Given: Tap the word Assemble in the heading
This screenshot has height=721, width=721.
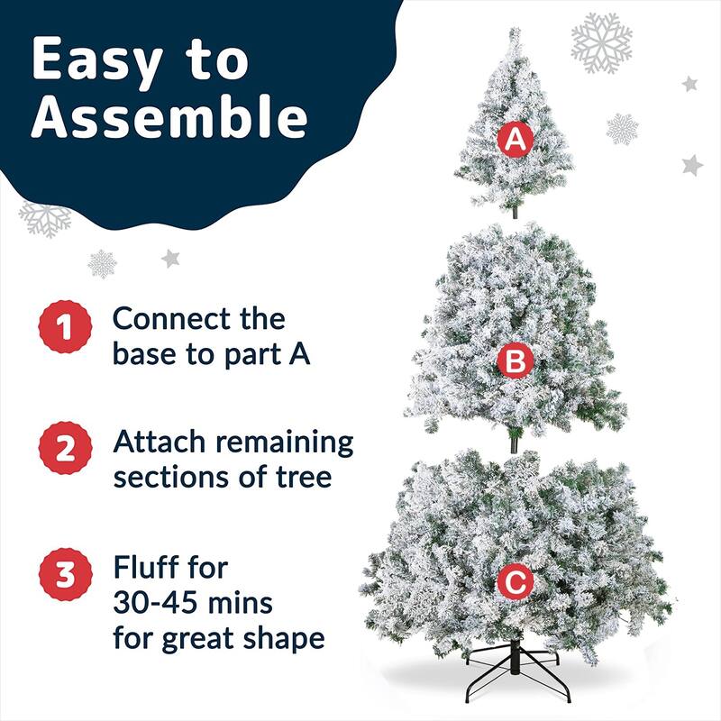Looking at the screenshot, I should [x=169, y=119].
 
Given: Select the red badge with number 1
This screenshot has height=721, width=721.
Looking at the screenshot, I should [x=64, y=328].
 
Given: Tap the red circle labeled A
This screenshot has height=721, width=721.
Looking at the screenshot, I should [x=515, y=140].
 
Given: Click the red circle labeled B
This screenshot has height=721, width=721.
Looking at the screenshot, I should [x=515, y=361].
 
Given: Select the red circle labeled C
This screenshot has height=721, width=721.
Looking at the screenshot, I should [x=515, y=583].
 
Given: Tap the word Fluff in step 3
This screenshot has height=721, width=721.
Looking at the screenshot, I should [x=145, y=569].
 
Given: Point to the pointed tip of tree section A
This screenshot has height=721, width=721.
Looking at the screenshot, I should [x=515, y=32].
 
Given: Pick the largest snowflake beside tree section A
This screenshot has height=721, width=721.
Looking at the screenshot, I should [x=601, y=42].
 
